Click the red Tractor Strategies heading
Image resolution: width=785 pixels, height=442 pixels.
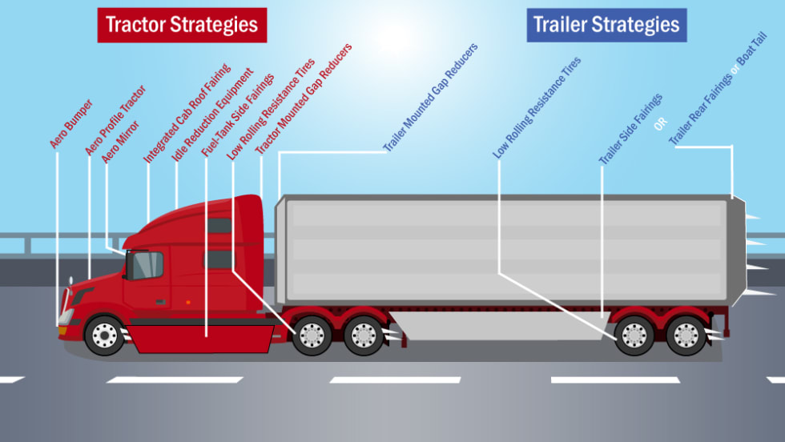(182, 25)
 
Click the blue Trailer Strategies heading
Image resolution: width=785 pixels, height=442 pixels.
(606, 25)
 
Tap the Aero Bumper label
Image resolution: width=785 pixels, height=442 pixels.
(71, 123)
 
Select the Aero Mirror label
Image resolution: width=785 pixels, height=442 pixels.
(120, 141)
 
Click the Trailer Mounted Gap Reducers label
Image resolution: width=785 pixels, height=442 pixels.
(430, 98)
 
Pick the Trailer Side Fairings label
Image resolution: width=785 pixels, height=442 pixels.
(631, 130)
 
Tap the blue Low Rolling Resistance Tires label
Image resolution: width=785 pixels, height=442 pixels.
(537, 107)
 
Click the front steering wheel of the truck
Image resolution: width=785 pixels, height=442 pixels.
(105, 335)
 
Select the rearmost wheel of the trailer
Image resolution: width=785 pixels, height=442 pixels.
(686, 335)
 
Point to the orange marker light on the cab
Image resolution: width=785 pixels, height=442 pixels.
(188, 302)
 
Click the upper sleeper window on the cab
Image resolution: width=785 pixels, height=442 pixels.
(219, 226)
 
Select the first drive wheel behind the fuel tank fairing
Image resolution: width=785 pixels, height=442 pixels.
(312, 335)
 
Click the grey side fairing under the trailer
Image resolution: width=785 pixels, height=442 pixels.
(497, 326)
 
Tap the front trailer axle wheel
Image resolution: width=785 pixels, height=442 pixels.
(634, 335)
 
